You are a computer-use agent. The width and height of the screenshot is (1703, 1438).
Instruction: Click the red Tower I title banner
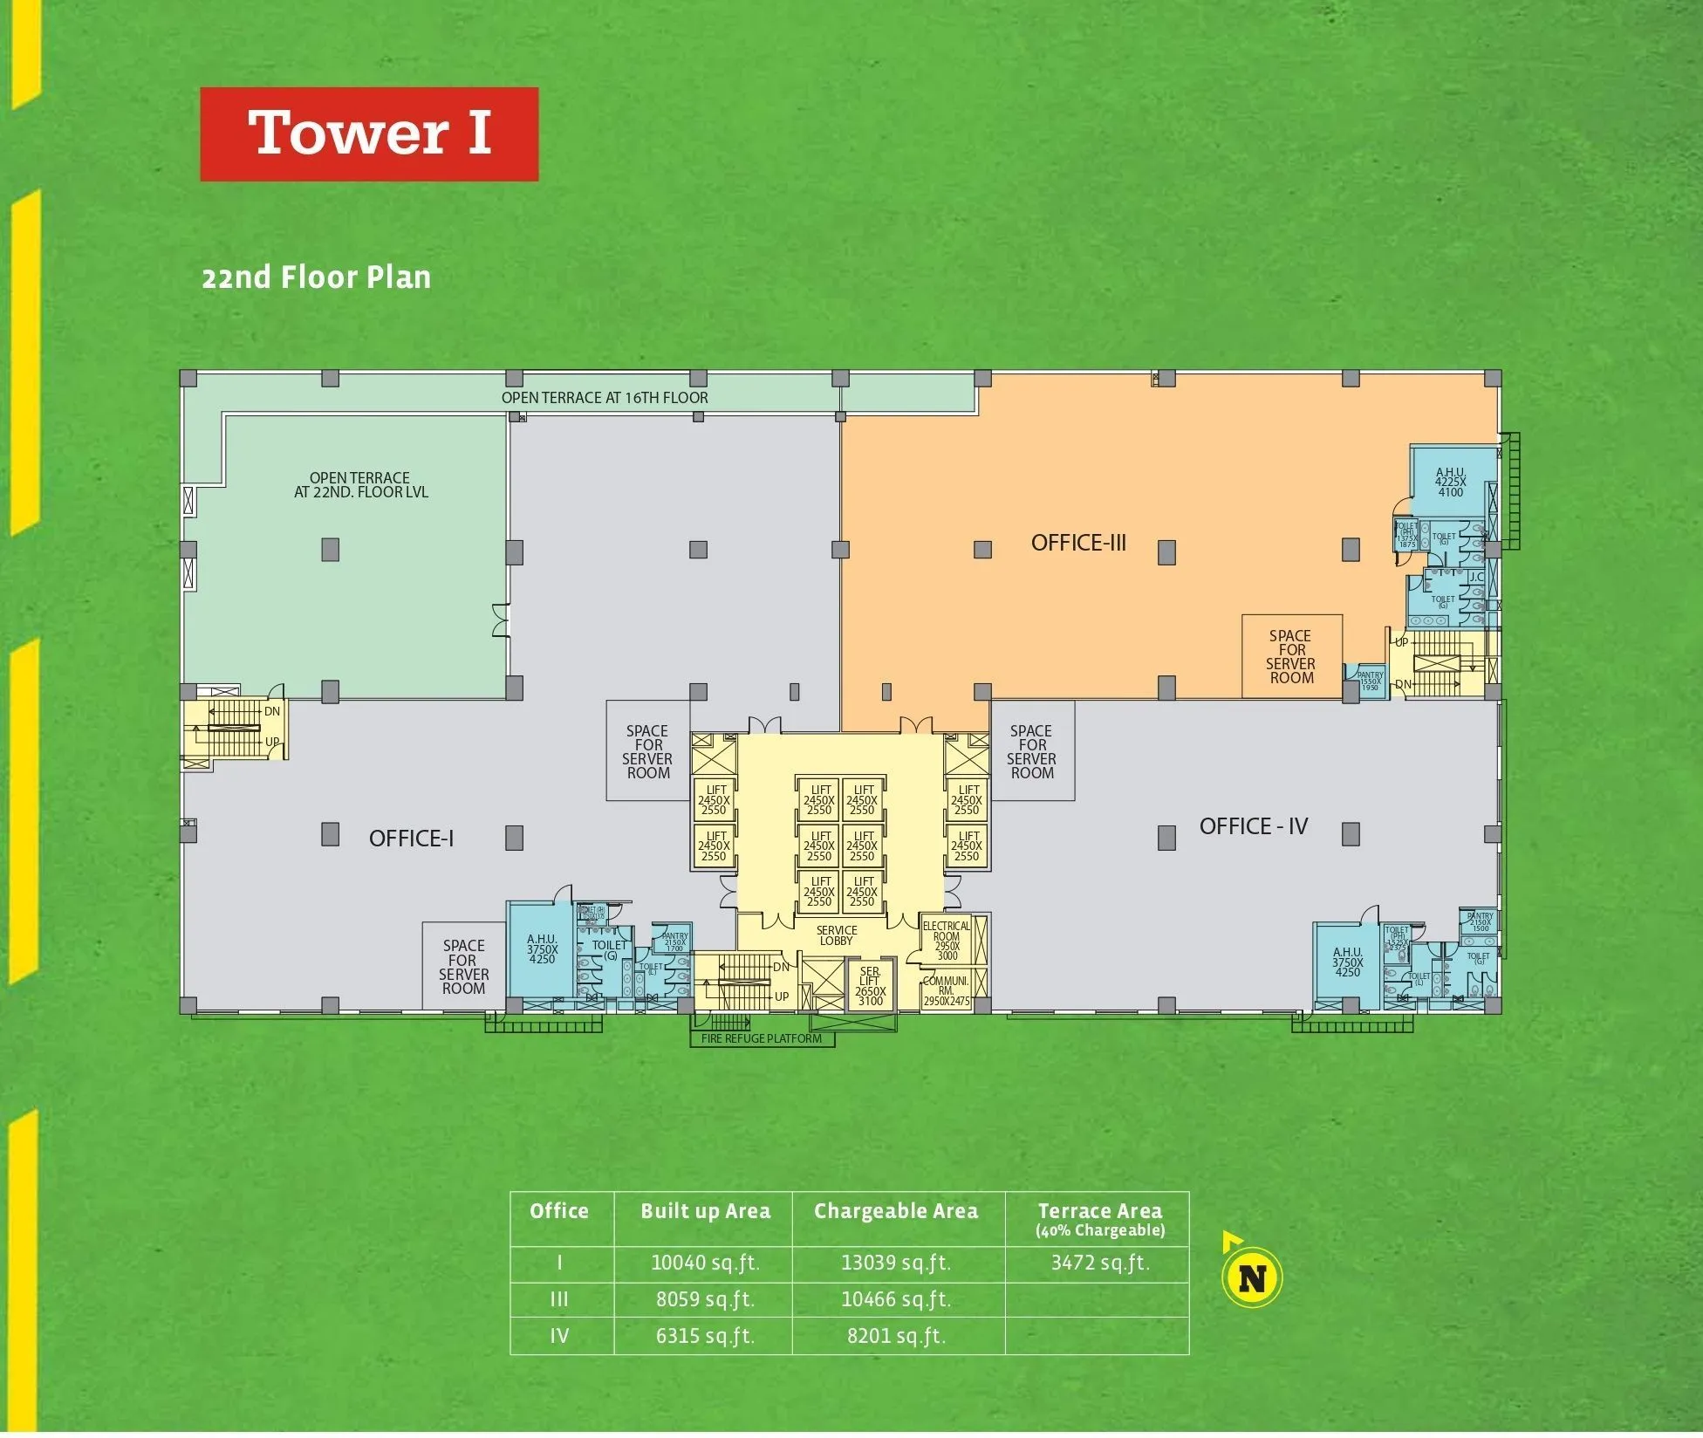pos(369,134)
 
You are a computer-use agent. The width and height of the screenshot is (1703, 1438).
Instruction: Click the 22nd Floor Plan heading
pos(316,277)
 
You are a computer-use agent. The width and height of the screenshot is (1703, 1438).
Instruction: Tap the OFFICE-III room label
pos(1078,543)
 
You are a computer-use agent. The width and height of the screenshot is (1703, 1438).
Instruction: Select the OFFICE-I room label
pos(411,839)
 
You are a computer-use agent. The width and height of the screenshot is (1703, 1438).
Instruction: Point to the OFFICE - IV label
pos(1253,826)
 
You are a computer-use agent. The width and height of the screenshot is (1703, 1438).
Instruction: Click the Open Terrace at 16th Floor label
pos(604,398)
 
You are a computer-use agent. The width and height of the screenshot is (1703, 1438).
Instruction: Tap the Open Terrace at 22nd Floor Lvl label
pos(360,485)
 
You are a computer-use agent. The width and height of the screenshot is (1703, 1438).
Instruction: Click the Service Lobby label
pos(836,935)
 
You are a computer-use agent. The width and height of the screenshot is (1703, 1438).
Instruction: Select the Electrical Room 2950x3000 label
pos(947,941)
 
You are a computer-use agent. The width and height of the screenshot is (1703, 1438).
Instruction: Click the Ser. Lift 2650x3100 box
pos(870,986)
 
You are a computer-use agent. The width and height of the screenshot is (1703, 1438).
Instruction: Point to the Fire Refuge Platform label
pos(761,1038)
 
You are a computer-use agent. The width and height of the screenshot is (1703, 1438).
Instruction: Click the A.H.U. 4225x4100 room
pos(1450,483)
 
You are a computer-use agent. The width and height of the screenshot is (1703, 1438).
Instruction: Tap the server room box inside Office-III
pos(1291,657)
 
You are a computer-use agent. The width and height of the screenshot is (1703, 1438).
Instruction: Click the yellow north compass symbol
pos(1251,1278)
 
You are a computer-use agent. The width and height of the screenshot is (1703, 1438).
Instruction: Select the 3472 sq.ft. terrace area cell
pos(1099,1263)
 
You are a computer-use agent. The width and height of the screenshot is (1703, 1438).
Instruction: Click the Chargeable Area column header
pos(896,1211)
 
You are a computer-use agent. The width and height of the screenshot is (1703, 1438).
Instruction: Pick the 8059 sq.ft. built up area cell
pos(704,1299)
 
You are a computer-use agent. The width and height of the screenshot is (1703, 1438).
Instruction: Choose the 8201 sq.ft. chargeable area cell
pos(896,1336)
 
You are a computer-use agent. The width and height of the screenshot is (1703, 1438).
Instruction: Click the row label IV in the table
pos(559,1336)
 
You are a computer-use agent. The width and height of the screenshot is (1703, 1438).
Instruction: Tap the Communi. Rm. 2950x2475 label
pos(947,991)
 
